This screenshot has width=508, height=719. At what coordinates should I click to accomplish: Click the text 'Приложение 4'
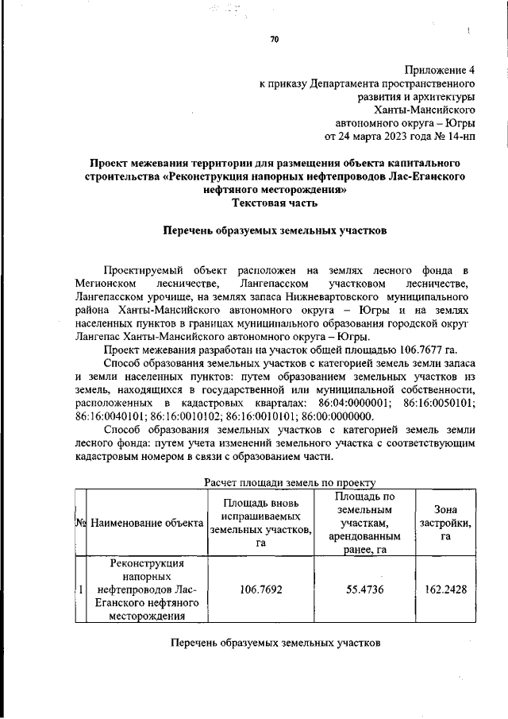[441, 68]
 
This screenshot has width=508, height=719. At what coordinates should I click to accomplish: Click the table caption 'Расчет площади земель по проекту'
[289, 481]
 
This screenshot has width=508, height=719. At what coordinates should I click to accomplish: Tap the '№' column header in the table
[80, 523]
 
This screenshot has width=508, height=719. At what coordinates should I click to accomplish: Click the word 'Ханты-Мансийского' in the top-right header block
[429, 110]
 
